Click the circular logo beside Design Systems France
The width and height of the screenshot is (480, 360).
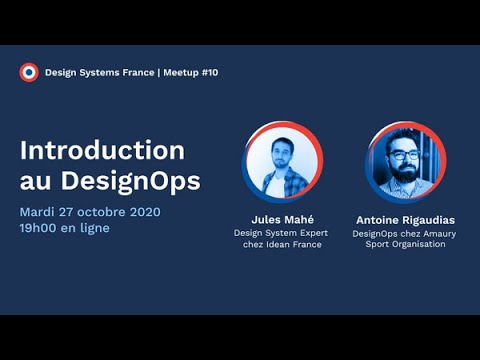(29, 72)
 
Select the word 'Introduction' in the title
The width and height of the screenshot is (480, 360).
(102, 150)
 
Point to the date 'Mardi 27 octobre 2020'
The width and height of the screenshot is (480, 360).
(90, 211)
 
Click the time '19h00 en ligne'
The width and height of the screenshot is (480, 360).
(65, 228)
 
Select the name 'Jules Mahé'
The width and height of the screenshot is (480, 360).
(281, 219)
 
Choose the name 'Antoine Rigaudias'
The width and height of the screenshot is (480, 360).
(405, 219)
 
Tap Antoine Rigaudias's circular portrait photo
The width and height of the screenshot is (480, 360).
(405, 163)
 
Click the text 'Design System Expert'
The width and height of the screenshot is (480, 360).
(281, 233)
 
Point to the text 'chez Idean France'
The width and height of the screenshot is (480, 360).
(281, 245)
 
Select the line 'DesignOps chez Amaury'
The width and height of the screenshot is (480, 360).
(405, 233)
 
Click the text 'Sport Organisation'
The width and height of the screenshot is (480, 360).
(405, 245)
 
